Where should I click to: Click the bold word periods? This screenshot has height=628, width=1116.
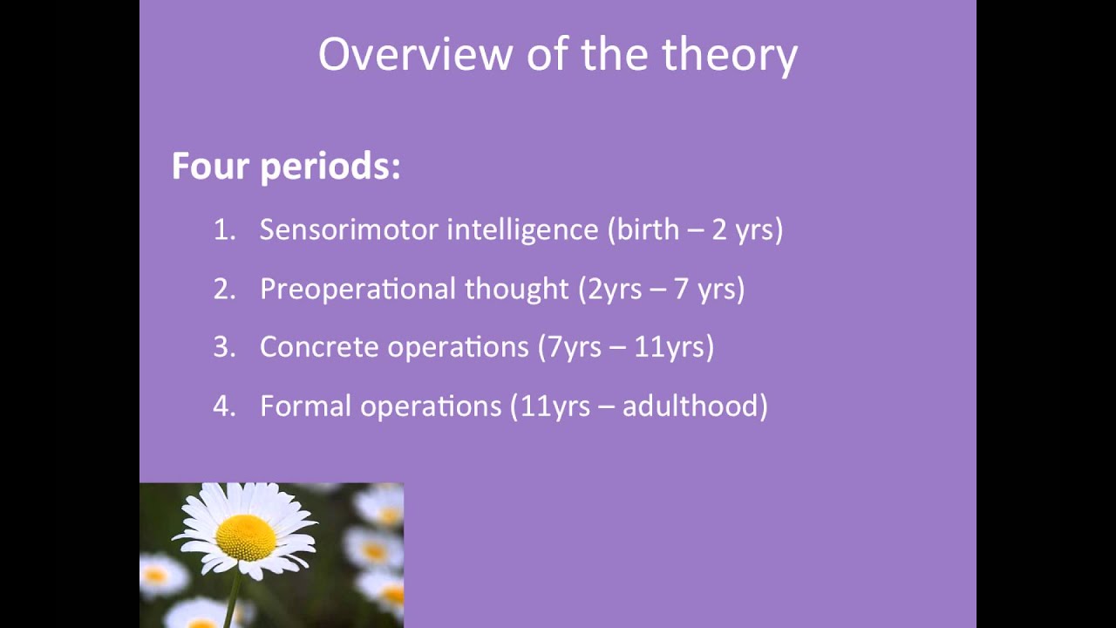click(x=330, y=167)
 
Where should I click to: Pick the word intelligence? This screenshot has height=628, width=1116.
click(x=522, y=232)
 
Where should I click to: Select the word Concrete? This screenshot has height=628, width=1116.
click(x=319, y=347)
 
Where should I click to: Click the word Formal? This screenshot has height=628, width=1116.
click(x=306, y=406)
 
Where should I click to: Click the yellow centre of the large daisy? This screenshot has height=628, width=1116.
click(x=246, y=538)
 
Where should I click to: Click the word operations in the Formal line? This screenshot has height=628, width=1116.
click(x=431, y=407)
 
